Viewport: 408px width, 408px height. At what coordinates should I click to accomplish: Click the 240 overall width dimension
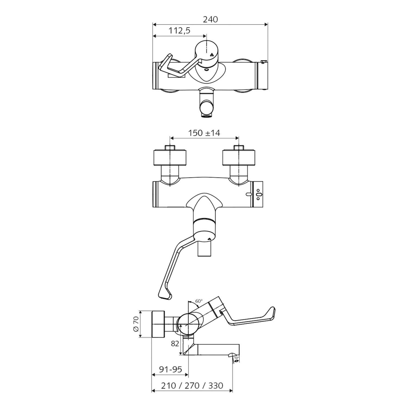(211, 20)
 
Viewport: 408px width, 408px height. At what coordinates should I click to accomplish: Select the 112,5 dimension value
(180, 31)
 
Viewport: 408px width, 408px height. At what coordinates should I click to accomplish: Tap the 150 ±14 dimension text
(204, 133)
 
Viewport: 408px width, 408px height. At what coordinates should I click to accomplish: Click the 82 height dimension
(175, 344)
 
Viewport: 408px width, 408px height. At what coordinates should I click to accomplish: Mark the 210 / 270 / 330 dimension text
(192, 385)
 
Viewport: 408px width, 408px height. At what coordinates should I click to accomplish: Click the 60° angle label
(199, 301)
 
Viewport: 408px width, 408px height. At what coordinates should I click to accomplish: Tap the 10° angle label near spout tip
(236, 358)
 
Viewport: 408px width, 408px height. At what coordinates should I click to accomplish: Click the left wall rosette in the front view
(170, 157)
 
